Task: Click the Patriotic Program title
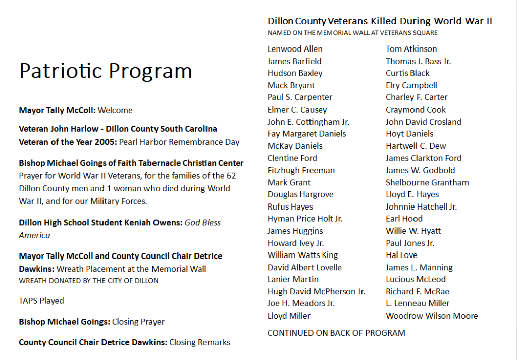tap(106, 71)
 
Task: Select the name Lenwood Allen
tap(295, 49)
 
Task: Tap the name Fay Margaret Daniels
tap(306, 134)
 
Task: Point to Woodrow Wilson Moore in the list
tap(432, 316)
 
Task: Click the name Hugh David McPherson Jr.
tap(316, 291)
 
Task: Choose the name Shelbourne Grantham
tap(427, 182)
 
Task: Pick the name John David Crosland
tap(423, 122)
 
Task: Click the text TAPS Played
tap(41, 301)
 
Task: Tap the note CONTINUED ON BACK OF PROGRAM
tap(336, 333)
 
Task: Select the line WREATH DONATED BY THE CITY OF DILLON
tap(88, 280)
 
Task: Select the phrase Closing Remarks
tap(199, 342)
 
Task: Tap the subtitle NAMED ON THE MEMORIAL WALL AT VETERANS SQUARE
tap(352, 33)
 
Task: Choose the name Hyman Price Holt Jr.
tap(304, 219)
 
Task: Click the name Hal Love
tap(401, 255)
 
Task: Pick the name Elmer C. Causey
tap(297, 110)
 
